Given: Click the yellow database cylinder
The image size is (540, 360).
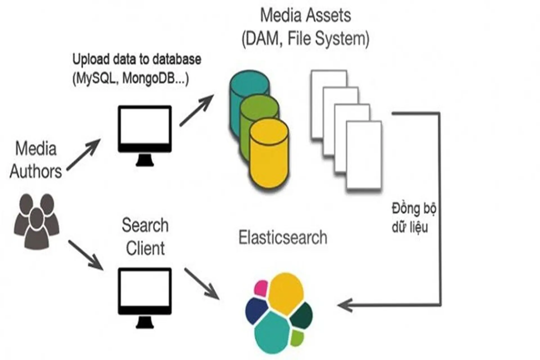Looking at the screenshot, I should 269,157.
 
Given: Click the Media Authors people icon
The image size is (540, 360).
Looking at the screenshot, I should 36,222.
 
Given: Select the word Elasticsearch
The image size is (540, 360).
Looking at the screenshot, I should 283,238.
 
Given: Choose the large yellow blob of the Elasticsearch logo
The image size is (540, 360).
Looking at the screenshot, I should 285,292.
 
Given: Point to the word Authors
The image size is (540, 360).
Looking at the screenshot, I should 36,171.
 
